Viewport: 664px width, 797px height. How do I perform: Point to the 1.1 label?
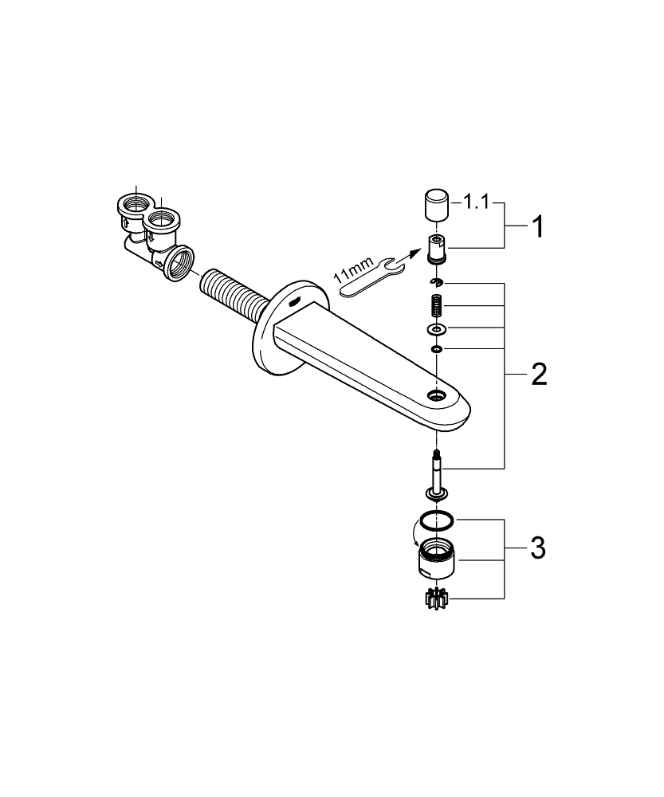pos(477,203)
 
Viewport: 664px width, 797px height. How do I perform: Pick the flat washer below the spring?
pos(436,329)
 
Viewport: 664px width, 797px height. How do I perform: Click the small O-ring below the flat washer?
pos(436,348)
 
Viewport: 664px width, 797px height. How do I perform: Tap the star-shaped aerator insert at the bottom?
pos(437,599)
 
